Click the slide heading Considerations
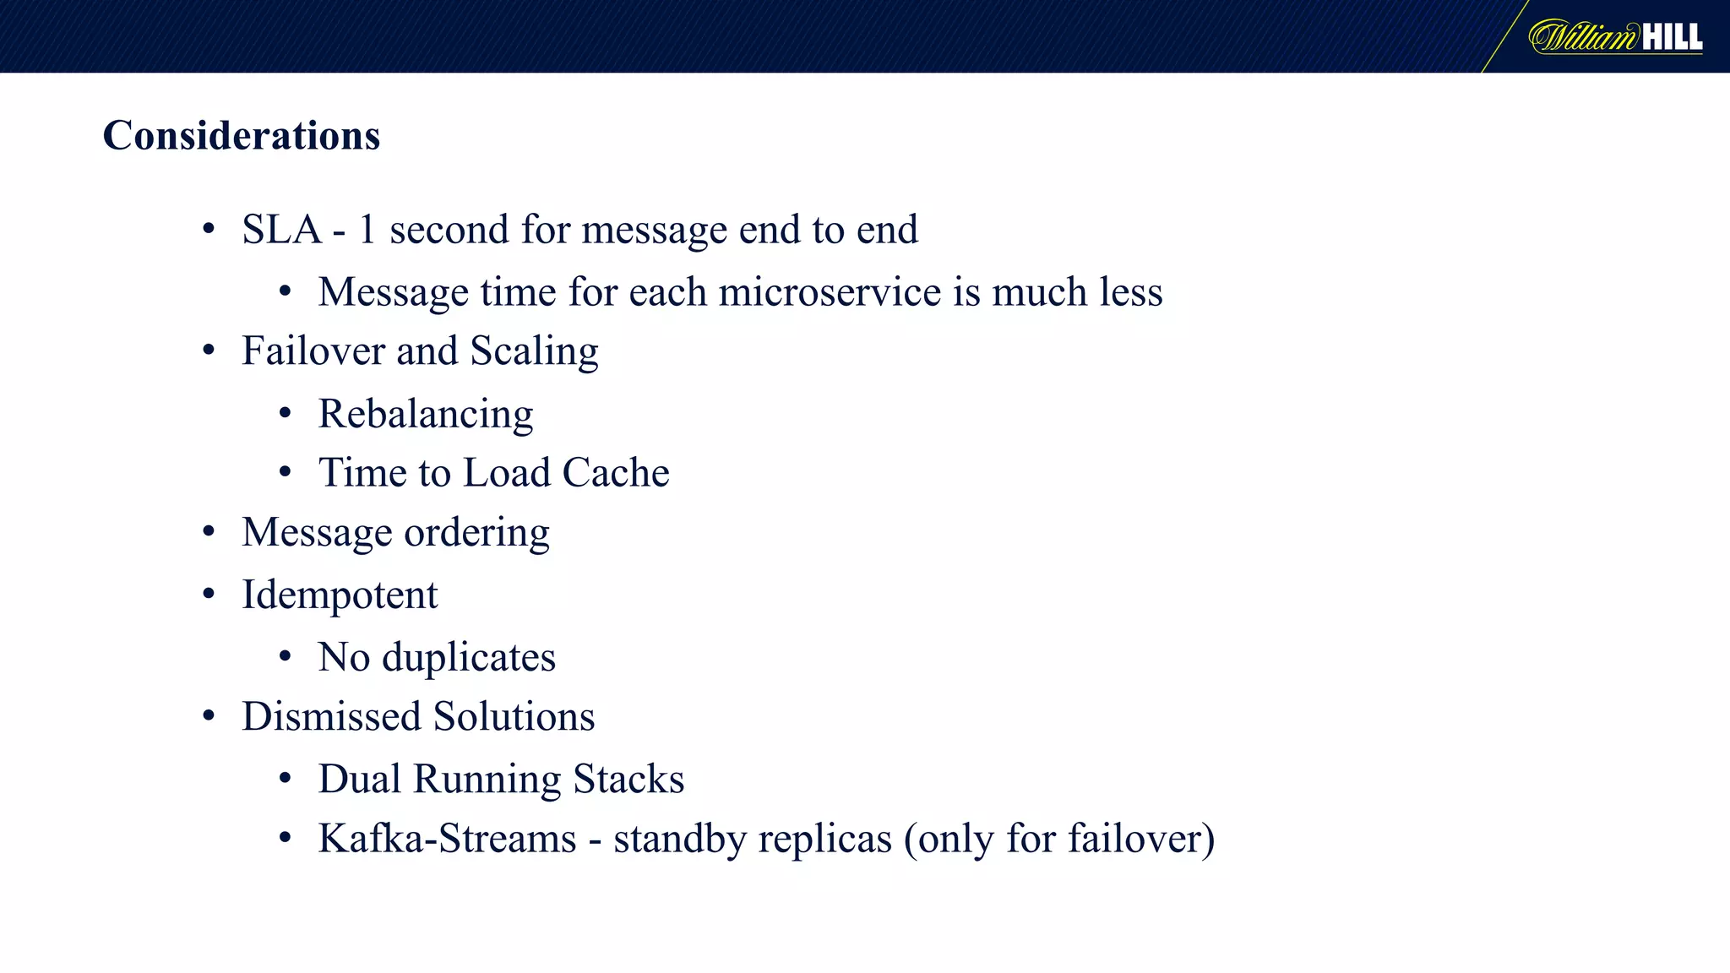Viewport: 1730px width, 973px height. coord(242,135)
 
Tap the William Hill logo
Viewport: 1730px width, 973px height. coord(1615,37)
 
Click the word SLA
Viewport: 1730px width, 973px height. coord(281,230)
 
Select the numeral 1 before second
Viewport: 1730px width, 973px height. coord(367,230)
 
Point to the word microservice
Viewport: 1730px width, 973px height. coord(830,292)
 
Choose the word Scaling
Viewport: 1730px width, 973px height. coord(534,351)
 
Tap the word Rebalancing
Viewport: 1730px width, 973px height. coord(426,415)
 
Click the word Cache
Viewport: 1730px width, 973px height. coord(616,473)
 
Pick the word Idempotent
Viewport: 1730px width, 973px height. coord(340,595)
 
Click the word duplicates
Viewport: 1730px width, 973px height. coord(469,657)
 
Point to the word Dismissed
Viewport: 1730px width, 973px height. coord(331,716)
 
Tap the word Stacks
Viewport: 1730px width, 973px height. coord(628,779)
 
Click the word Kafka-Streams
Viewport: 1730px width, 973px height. coord(447,839)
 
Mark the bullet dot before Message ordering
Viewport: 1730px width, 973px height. coord(209,532)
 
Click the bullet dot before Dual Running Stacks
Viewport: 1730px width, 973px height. coord(286,778)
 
